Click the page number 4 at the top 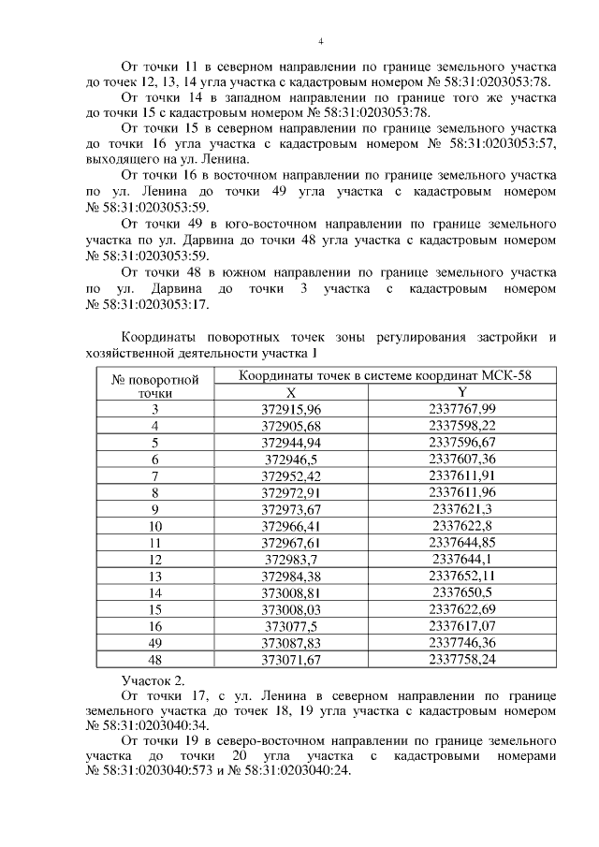click(320, 42)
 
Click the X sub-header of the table click(291, 393)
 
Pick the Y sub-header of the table click(462, 393)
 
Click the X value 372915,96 click(291, 409)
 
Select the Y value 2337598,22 click(462, 426)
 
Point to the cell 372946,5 click(291, 460)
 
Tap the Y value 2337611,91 click(462, 475)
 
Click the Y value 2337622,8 click(462, 526)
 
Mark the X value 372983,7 click(291, 560)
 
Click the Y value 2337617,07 click(462, 626)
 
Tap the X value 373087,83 click(291, 643)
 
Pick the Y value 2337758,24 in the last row click(462, 660)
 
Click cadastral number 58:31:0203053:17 click(150, 304)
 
